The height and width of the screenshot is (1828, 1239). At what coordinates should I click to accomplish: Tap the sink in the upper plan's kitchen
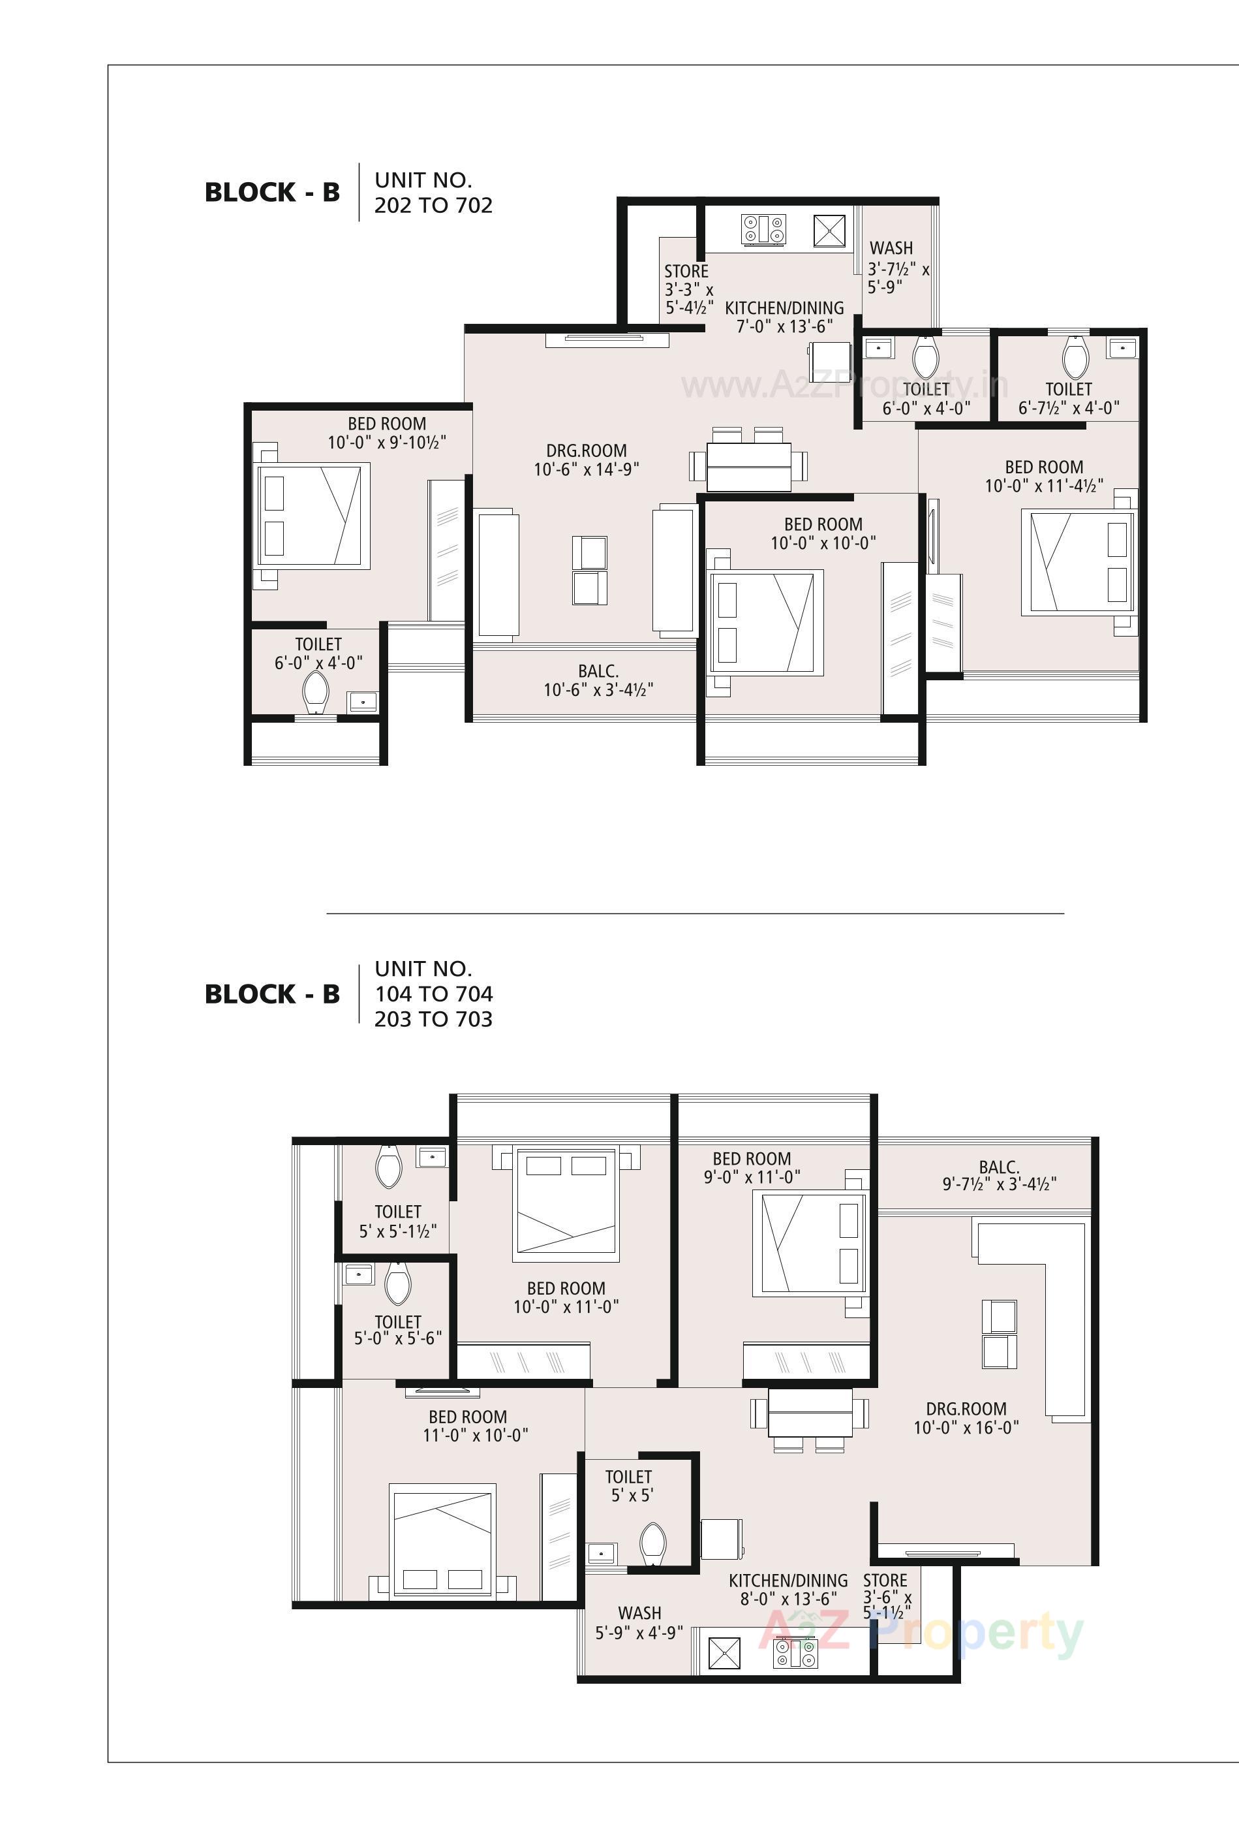tap(828, 231)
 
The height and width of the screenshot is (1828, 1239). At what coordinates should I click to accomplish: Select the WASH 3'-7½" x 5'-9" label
tap(897, 268)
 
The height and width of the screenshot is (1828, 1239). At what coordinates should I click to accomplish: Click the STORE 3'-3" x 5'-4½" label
tap(688, 289)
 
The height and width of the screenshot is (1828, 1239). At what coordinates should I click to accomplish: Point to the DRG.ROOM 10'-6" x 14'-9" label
tap(586, 460)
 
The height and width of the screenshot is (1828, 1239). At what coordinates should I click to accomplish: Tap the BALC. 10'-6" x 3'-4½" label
tap(598, 680)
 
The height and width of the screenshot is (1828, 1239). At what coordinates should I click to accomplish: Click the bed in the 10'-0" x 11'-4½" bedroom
tap(1078, 562)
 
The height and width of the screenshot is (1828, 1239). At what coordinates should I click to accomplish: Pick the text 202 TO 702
tap(433, 205)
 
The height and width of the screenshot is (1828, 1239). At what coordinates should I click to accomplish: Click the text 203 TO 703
tap(433, 1019)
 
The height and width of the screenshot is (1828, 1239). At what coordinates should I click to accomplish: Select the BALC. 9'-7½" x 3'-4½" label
tap(999, 1175)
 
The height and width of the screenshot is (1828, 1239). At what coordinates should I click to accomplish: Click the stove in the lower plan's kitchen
tap(795, 1652)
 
